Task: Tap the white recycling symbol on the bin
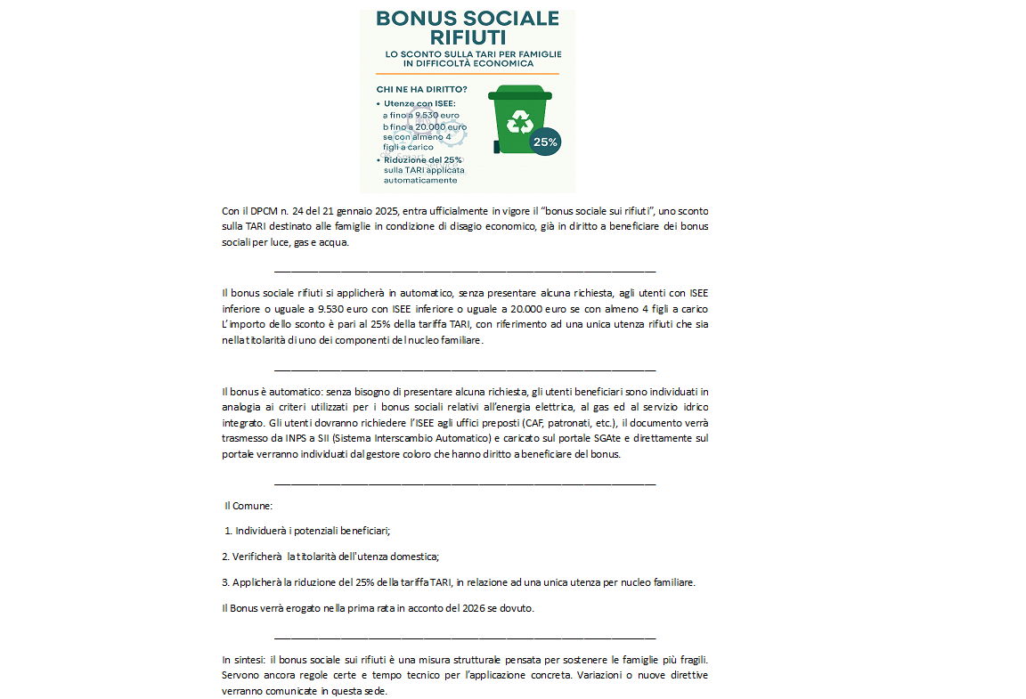(519, 122)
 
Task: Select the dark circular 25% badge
(545, 141)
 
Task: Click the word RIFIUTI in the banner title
(468, 37)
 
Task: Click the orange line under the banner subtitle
(468, 73)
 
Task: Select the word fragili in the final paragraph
(690, 660)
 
